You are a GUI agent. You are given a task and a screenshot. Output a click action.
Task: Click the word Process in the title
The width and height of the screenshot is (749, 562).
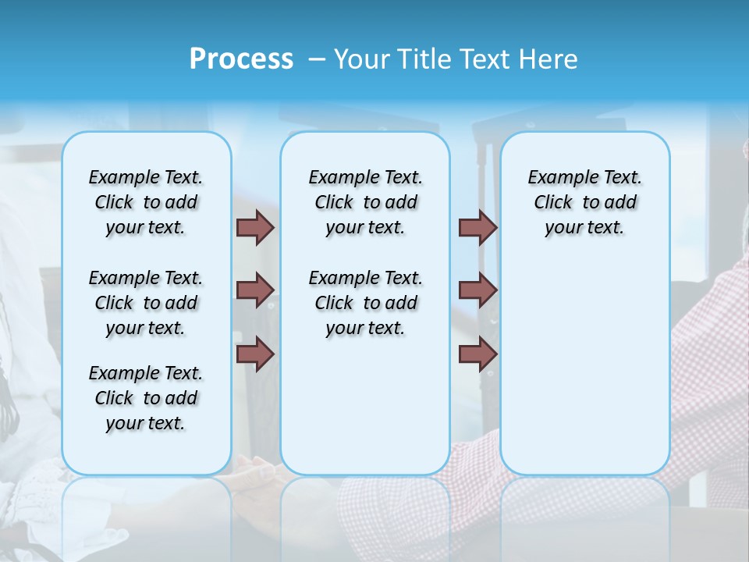241,59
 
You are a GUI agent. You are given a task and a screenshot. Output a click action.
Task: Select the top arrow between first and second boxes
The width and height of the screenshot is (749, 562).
255,227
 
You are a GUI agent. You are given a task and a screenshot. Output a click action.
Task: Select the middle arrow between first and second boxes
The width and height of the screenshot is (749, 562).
255,290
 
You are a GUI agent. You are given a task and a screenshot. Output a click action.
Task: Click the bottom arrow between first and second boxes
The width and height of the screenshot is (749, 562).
255,354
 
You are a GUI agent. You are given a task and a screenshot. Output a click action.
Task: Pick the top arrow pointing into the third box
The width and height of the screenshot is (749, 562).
477,227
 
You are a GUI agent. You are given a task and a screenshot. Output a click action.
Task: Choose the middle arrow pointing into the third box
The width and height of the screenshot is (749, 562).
477,290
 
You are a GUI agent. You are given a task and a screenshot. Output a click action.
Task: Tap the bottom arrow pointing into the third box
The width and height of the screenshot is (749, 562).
477,354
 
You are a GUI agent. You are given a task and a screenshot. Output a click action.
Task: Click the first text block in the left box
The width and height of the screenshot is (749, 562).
146,202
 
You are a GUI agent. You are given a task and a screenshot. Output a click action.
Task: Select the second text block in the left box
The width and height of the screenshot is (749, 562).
146,303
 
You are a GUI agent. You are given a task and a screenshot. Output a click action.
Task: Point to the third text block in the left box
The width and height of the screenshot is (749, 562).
146,398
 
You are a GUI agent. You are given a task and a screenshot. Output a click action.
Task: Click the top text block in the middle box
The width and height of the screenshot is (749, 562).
365,202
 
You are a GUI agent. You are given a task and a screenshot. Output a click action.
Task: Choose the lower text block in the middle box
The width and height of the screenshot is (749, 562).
365,303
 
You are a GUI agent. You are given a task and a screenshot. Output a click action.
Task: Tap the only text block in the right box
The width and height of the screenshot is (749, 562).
584,202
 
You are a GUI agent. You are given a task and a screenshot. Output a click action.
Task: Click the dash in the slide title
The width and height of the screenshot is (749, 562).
318,59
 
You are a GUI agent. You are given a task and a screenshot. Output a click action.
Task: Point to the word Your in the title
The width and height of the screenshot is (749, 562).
361,59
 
